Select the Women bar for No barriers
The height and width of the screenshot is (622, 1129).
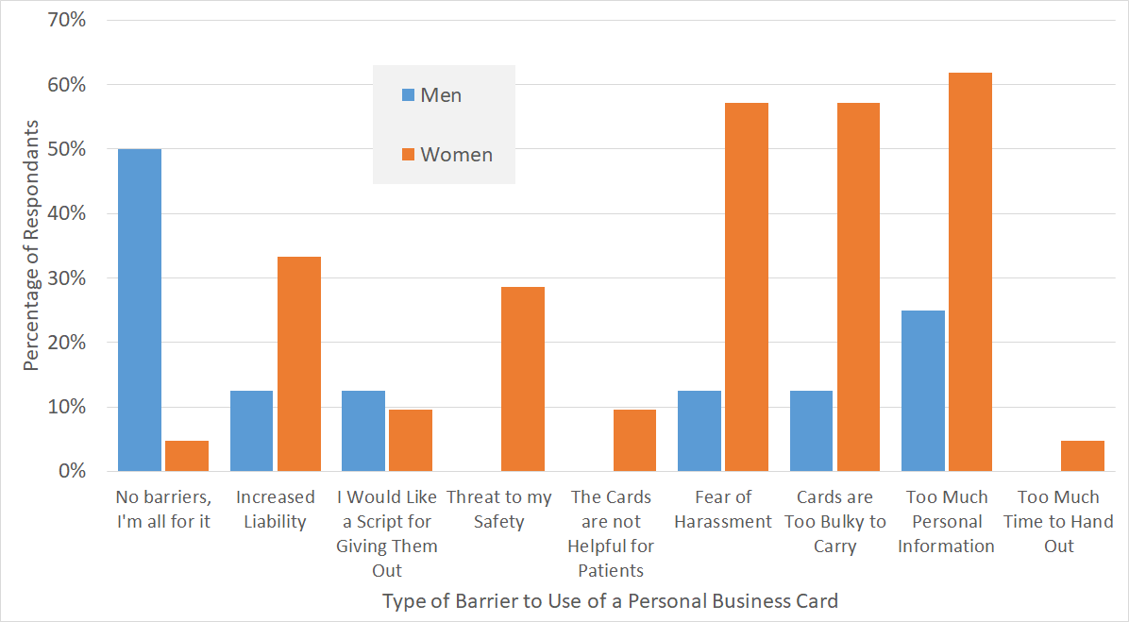point(187,456)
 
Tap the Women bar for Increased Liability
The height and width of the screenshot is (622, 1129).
point(299,363)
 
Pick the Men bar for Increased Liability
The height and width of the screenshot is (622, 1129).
point(252,430)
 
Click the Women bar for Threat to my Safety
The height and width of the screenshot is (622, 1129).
point(523,378)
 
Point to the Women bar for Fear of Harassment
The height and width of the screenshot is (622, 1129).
point(747,287)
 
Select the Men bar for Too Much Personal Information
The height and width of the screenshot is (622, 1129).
point(923,391)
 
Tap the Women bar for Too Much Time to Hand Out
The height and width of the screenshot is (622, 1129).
point(1083,456)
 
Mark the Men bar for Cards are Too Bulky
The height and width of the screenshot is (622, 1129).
point(812,430)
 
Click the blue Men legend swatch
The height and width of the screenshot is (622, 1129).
point(408,95)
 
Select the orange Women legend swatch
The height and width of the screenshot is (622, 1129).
point(408,155)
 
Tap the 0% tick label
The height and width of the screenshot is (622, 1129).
point(72,471)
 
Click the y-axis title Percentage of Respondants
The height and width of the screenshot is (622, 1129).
point(32,245)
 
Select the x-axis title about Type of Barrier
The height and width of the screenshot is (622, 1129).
point(610,601)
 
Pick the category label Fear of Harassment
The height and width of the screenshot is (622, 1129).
point(723,510)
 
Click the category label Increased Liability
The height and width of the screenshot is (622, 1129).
point(276,510)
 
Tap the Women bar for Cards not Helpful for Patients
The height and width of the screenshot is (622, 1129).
point(634,440)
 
